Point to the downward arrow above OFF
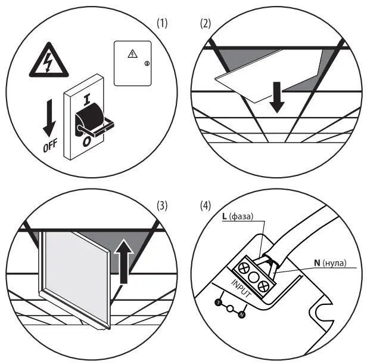click(x=51, y=120)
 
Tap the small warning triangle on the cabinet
click(x=132, y=55)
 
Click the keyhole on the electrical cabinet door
click(x=147, y=63)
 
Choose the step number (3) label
click(x=161, y=206)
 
